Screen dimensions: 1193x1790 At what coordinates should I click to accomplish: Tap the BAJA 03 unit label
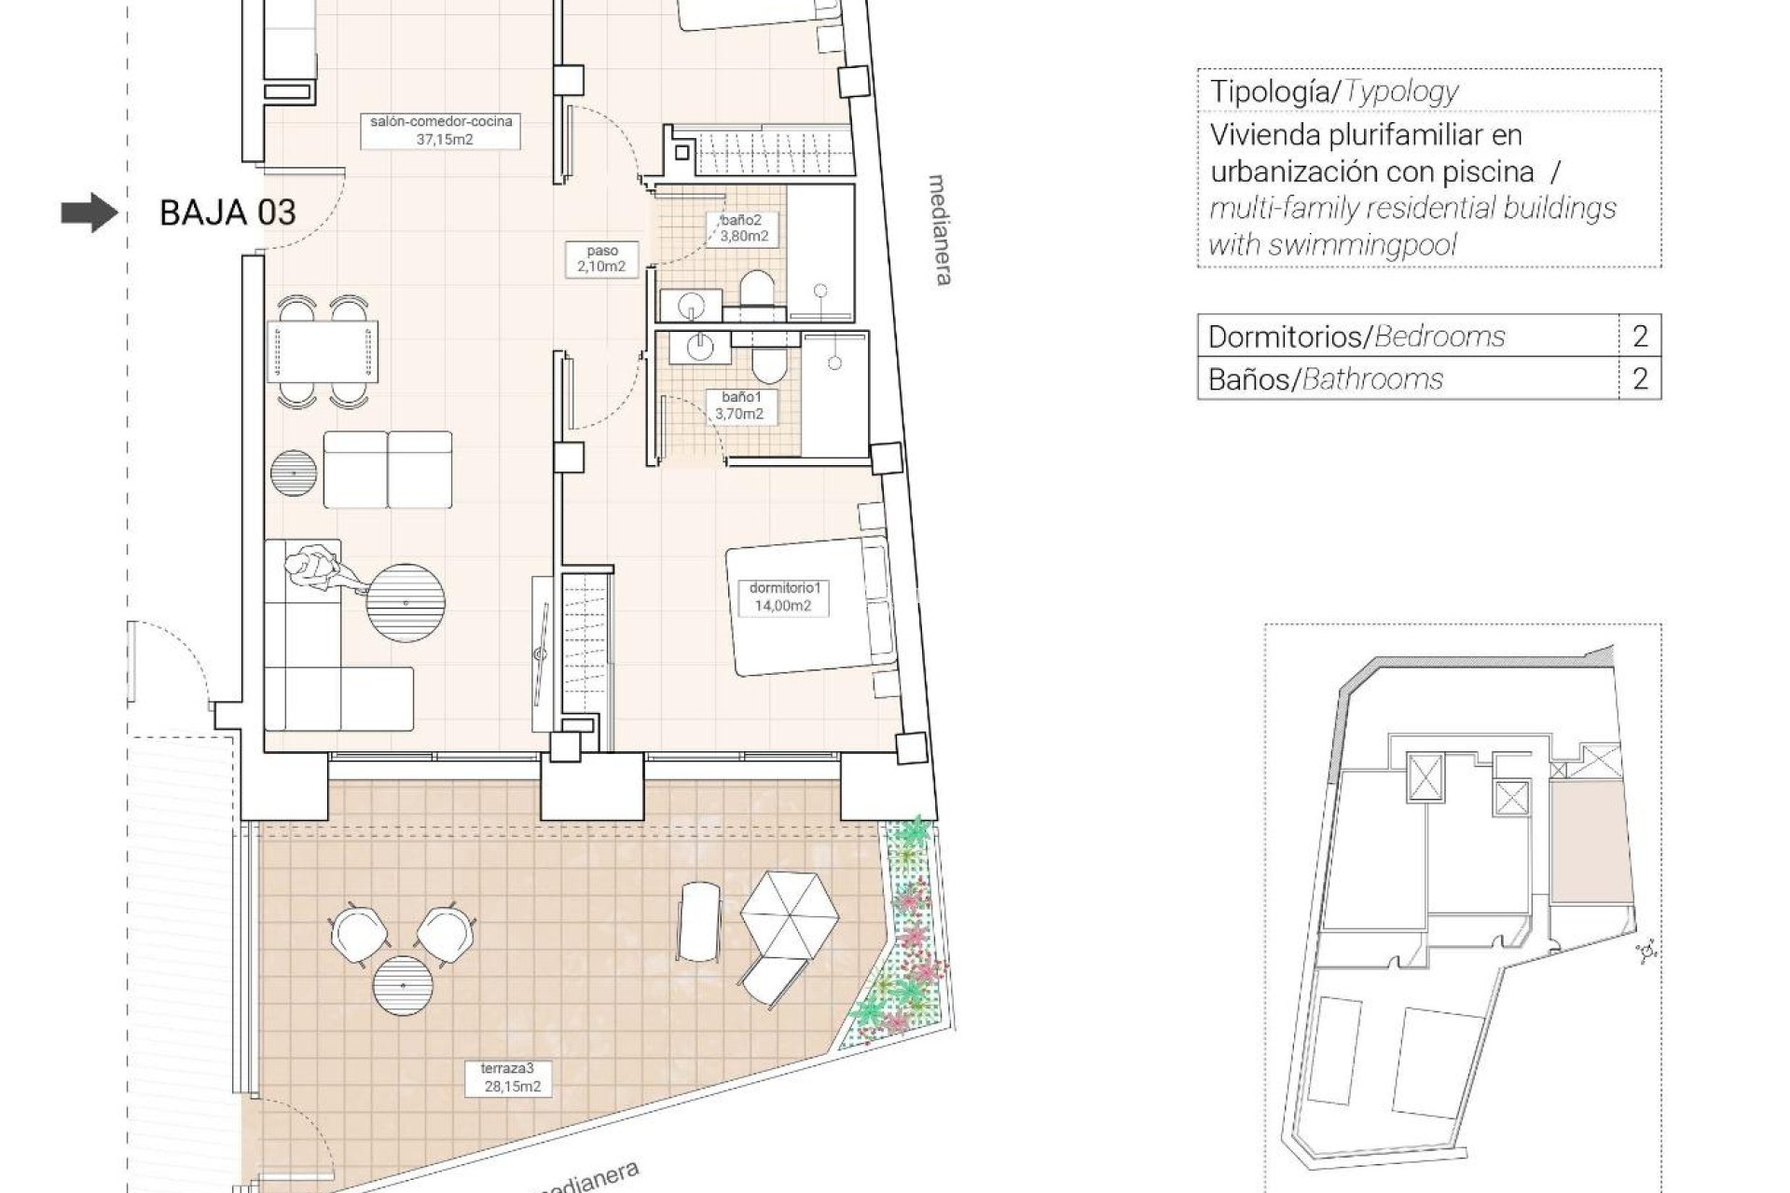(227, 213)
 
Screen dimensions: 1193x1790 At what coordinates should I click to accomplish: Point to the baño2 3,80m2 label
(743, 228)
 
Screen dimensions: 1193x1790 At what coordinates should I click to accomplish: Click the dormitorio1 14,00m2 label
(781, 596)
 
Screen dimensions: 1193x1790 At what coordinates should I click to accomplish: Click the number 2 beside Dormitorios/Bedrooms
(1640, 336)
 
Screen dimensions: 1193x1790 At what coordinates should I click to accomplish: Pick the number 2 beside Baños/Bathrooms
(1640, 378)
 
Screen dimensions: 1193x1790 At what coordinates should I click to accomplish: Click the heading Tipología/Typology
(1333, 91)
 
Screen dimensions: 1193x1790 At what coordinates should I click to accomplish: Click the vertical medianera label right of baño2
(941, 228)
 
